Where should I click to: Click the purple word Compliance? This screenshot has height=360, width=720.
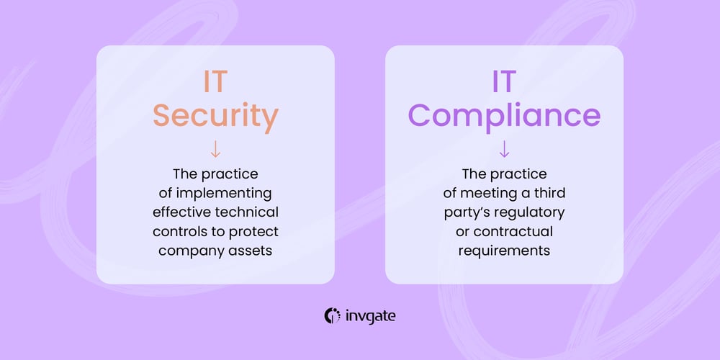pyautogui.click(x=504, y=115)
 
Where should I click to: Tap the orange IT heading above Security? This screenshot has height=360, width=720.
pyautogui.click(x=215, y=81)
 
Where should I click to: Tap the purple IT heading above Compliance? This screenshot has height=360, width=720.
pyautogui.click(x=504, y=81)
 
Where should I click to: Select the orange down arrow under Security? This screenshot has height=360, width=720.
pyautogui.click(x=215, y=149)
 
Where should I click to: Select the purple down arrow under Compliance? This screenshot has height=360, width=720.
pyautogui.click(x=504, y=149)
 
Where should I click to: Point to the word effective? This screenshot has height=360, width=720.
pyautogui.click(x=181, y=213)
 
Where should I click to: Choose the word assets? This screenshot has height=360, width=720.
pyautogui.click(x=255, y=251)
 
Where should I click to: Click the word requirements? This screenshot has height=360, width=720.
pyautogui.click(x=504, y=251)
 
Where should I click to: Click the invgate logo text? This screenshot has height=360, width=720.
pyautogui.click(x=370, y=315)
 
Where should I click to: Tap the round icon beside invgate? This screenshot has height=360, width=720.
pyautogui.click(x=333, y=315)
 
